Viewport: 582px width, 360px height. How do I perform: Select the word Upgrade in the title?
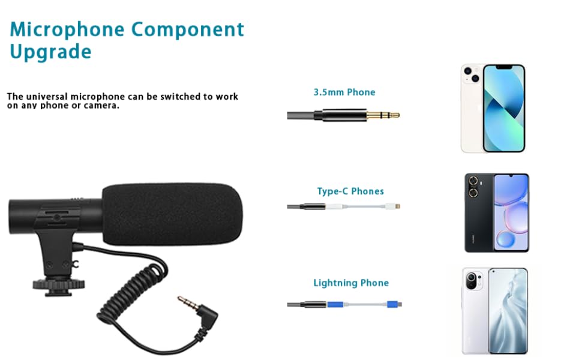[x=50, y=52]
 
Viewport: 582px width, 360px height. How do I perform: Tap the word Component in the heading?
[x=187, y=29]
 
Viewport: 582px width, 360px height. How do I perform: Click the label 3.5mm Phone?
[x=344, y=92]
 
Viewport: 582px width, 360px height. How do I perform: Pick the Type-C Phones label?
[x=350, y=191]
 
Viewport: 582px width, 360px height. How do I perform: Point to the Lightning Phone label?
[x=351, y=283]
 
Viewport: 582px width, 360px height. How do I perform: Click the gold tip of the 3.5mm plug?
[x=383, y=115]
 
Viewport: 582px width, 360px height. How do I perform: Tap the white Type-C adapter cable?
[x=362, y=206]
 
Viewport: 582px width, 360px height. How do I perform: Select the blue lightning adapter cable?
[x=364, y=304]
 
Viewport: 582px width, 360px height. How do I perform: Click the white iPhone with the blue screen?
[x=493, y=108]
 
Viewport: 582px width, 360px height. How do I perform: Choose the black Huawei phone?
[x=497, y=212]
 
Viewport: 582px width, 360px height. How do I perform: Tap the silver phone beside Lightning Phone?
[x=494, y=311]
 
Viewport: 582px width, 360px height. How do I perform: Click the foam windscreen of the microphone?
[x=172, y=214]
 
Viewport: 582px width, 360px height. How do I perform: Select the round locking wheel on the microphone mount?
[x=59, y=284]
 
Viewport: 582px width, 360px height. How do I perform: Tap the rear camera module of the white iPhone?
[x=472, y=74]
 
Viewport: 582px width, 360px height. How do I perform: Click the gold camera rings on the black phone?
[x=473, y=187]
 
